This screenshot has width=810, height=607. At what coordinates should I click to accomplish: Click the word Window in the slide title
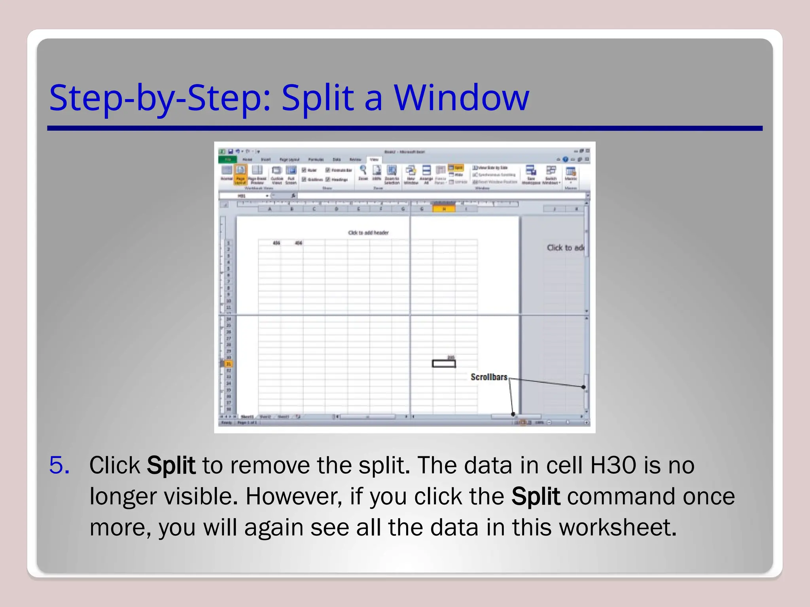(461, 98)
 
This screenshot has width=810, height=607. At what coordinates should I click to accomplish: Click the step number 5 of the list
(59, 465)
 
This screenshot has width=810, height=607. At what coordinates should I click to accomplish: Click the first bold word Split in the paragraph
(171, 465)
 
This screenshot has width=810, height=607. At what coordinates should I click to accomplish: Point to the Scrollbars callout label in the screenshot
(488, 377)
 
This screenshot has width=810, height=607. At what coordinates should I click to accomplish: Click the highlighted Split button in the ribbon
(455, 168)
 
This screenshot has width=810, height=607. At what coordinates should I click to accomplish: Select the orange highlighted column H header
(444, 209)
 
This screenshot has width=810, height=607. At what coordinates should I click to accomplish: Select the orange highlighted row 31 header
(229, 364)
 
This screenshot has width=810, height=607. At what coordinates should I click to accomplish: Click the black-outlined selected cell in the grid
(444, 364)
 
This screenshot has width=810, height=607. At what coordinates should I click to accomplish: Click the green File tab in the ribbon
(228, 160)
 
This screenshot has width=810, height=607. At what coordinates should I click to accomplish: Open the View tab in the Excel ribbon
(374, 160)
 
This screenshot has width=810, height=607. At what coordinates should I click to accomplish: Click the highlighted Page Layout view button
(240, 174)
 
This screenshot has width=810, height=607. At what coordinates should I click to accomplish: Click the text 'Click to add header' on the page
(368, 233)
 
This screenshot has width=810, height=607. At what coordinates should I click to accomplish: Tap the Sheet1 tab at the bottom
(248, 417)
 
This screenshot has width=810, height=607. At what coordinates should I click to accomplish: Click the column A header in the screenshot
(270, 209)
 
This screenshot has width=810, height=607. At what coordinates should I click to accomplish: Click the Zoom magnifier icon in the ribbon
(363, 171)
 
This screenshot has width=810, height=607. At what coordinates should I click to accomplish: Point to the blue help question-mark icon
(565, 159)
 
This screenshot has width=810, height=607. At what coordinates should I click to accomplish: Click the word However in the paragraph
(293, 496)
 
